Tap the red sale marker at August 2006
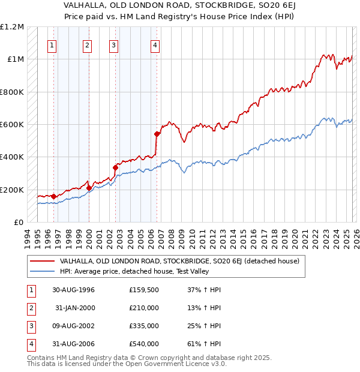157,134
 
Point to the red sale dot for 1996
54,196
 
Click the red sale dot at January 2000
89,188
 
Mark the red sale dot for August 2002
115,168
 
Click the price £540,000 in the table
144,344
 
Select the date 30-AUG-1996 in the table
73,290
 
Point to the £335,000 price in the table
144,326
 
